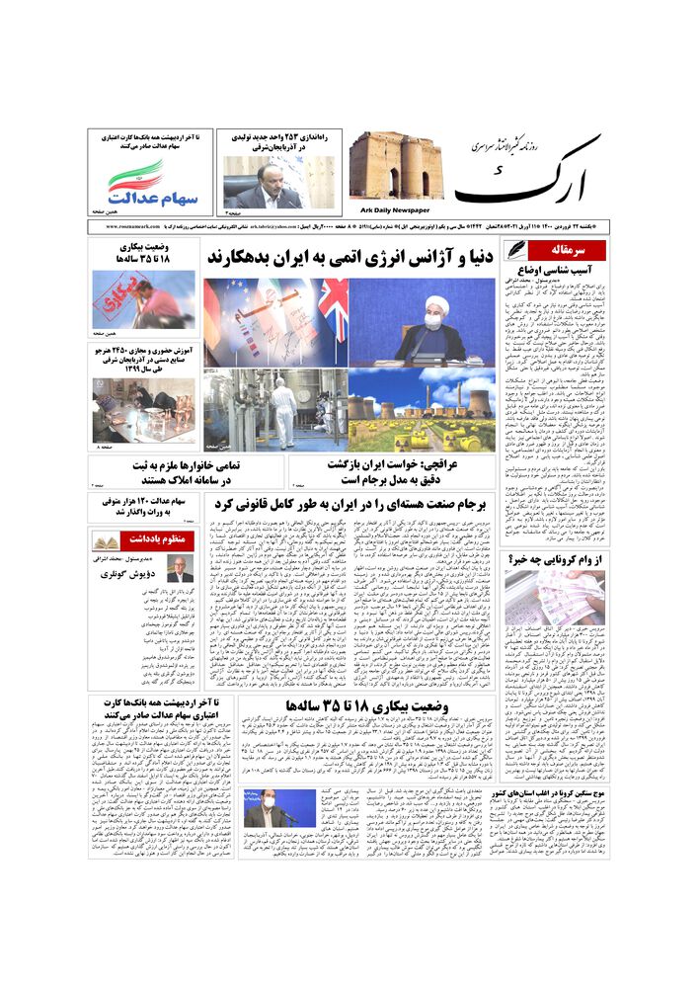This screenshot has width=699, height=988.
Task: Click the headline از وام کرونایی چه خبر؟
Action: coord(556,559)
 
